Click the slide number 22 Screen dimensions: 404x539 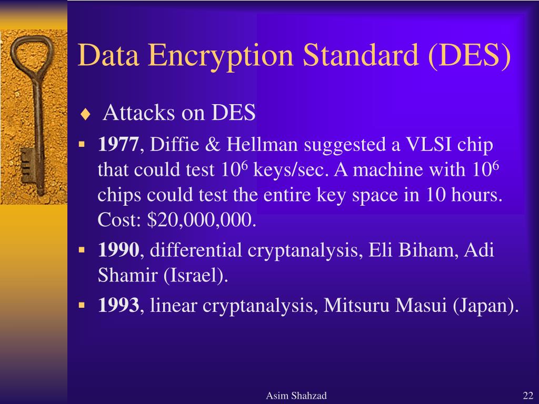pyautogui.click(x=528, y=396)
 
